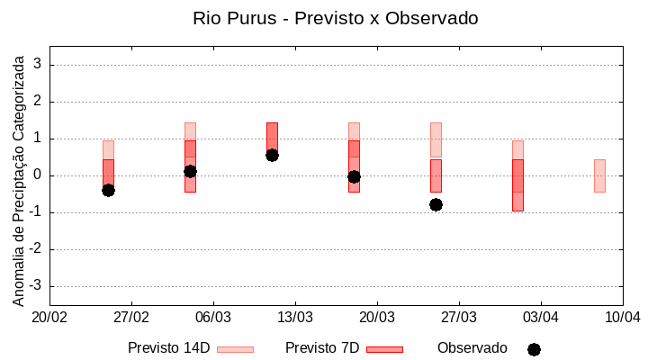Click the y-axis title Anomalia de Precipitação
coord(19,177)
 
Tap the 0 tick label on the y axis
coord(39,175)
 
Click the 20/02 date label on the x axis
coord(49,317)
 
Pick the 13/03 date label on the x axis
coord(294,317)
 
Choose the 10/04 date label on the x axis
coord(622,317)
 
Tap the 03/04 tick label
coord(540,317)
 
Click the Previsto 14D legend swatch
coord(235,349)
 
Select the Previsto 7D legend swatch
coord(384,349)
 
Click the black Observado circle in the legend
coord(534,349)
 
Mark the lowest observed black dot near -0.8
coord(436,204)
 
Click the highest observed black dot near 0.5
coord(272,155)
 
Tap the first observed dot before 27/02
coord(108,190)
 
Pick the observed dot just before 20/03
coord(354,176)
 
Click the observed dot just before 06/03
coord(190,171)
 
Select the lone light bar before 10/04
coord(599,175)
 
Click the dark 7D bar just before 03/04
coord(517,185)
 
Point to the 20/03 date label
coord(376,317)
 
